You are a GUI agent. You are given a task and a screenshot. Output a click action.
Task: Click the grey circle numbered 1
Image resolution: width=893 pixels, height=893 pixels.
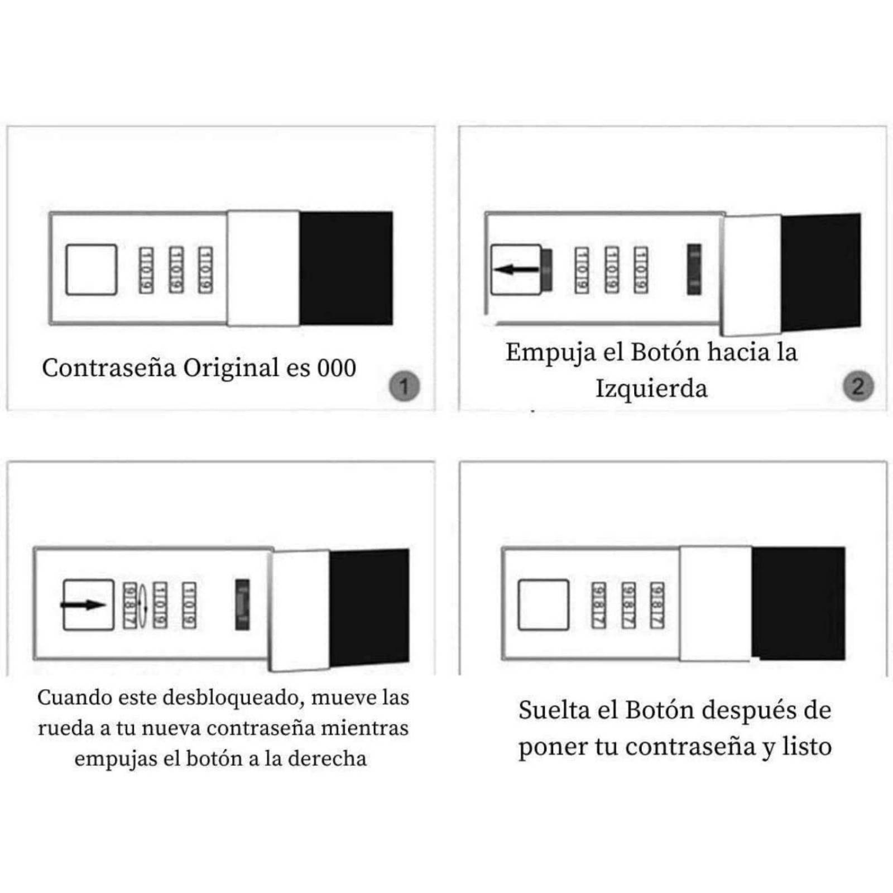point(404,386)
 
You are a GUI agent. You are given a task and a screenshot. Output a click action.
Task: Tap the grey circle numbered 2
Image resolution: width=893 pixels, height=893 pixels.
point(858,386)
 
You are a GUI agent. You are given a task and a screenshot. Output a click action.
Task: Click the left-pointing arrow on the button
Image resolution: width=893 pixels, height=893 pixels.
point(516,270)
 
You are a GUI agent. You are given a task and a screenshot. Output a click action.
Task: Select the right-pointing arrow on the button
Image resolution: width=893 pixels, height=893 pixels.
point(83,605)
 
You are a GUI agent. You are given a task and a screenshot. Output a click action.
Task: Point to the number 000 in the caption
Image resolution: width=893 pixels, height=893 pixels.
point(337,368)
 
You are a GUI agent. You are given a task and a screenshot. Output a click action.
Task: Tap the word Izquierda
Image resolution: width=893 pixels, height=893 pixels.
point(651,388)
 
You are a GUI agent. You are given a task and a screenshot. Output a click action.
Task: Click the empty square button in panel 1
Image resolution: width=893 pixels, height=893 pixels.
point(92,270)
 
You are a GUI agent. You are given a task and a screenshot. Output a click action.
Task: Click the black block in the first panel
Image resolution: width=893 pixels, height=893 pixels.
point(346,268)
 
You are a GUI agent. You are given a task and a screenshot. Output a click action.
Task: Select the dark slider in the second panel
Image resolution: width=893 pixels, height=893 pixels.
point(694,270)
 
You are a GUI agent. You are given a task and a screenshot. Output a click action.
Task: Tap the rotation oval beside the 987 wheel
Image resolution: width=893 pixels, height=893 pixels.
point(142,605)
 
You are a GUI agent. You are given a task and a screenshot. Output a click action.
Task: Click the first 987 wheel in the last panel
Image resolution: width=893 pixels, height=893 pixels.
point(598,605)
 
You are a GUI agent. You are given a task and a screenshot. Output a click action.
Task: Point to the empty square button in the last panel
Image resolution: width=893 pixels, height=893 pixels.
point(544,605)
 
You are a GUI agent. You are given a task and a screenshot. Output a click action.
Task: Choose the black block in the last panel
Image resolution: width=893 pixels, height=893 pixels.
point(798,603)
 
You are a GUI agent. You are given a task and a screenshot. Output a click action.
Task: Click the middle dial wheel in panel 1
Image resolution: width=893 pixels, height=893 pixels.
point(176,270)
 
